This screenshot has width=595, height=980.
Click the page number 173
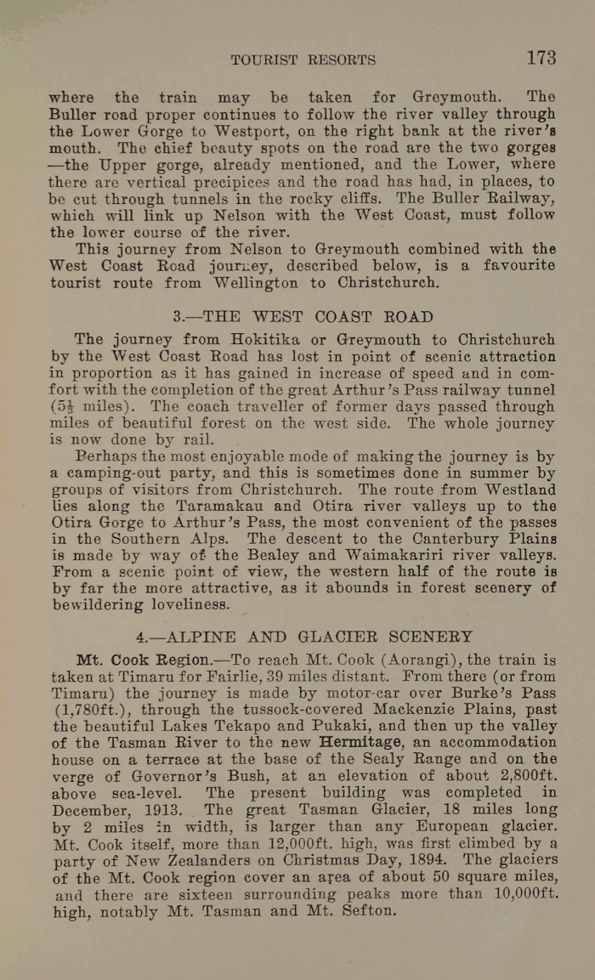(x=541, y=58)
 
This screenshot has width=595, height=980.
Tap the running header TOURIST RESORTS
(x=303, y=60)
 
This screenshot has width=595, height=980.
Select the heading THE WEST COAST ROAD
(x=303, y=317)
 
